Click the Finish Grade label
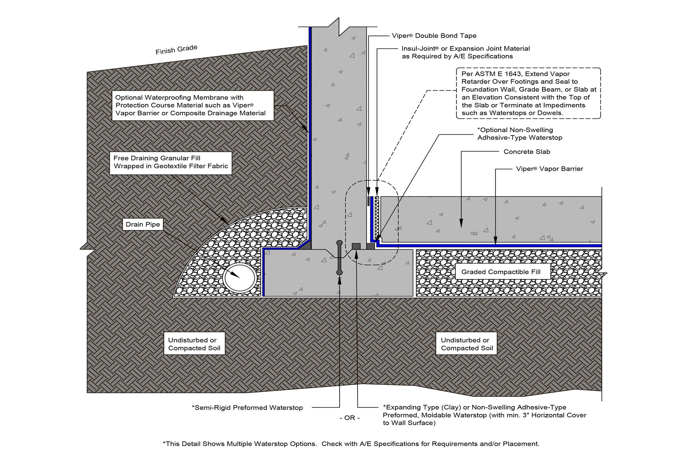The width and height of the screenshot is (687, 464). click(176, 50)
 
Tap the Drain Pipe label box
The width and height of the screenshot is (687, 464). click(143, 224)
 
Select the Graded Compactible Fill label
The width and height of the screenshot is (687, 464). click(501, 272)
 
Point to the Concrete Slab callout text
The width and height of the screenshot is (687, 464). click(527, 152)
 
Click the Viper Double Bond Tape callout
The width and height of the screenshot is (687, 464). click(434, 36)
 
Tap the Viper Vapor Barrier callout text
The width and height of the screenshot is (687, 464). click(549, 169)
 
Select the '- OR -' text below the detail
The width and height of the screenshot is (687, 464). click(349, 418)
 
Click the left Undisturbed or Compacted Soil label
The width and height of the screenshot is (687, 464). click(194, 344)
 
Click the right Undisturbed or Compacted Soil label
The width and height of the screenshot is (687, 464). click(467, 344)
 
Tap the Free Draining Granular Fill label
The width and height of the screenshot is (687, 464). click(170, 162)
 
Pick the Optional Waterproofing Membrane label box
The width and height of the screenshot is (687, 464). click(192, 105)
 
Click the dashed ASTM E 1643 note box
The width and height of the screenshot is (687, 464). click(528, 93)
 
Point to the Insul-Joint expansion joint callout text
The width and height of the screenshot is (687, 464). click(466, 52)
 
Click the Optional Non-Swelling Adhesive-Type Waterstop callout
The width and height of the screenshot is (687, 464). click(520, 134)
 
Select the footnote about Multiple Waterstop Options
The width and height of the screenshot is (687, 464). click(351, 444)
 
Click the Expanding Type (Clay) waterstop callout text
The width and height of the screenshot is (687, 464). click(484, 415)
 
